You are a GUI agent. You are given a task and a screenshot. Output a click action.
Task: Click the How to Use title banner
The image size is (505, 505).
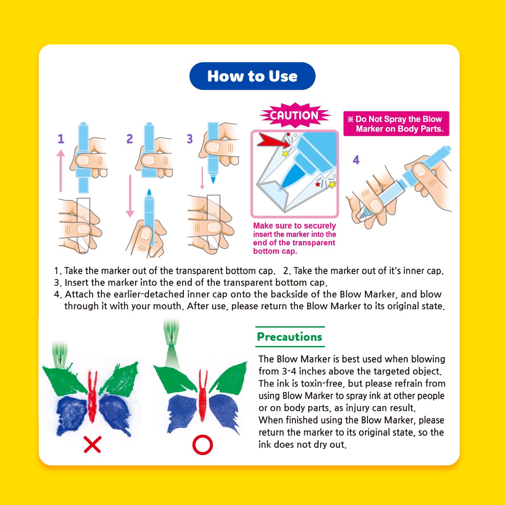pyautogui.click(x=252, y=76)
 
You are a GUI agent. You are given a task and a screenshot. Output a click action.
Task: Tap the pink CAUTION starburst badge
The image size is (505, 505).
pyautogui.click(x=295, y=115)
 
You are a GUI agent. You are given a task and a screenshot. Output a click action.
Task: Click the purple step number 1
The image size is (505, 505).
pyautogui.click(x=61, y=138)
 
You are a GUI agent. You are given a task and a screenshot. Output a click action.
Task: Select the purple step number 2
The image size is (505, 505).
pyautogui.click(x=130, y=138)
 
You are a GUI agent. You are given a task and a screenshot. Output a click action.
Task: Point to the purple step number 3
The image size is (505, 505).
pyautogui.click(x=189, y=138)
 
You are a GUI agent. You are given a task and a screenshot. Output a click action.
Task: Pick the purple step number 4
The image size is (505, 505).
pyautogui.click(x=356, y=159)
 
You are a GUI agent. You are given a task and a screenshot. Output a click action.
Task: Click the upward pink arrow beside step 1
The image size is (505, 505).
pyautogui.click(x=61, y=170)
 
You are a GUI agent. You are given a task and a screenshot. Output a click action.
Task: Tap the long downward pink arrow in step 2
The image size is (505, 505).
pyautogui.click(x=130, y=196)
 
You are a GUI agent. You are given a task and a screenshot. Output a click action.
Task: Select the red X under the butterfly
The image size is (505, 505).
pyautogui.click(x=92, y=444)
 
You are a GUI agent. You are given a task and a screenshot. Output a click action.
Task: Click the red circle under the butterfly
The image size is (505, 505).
pyautogui.click(x=202, y=444)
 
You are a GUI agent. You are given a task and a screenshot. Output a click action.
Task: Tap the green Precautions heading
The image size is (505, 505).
pyautogui.click(x=290, y=337)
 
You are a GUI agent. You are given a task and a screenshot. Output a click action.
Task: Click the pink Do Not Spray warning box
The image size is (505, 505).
pyautogui.click(x=396, y=124)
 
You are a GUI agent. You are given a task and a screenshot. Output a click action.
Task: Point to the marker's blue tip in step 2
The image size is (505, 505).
pyautogui.click(x=149, y=192)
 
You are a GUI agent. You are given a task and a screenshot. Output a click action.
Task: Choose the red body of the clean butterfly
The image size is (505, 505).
pyautogui.click(x=203, y=394)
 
